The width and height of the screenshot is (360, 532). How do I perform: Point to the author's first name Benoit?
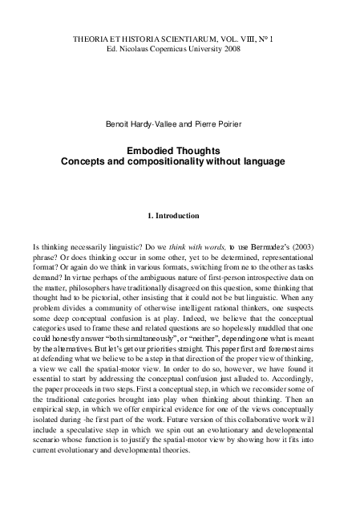[118, 124]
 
